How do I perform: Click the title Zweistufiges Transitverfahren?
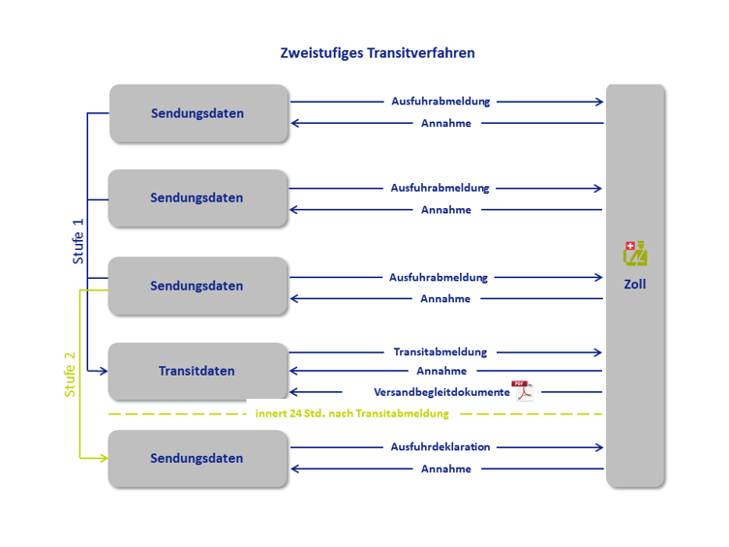coord(377,53)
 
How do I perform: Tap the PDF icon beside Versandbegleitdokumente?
coord(522,391)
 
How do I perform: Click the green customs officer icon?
coord(635,254)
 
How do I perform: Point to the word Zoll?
coord(635,284)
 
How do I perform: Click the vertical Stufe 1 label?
coord(77,241)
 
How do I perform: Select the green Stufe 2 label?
coord(70,375)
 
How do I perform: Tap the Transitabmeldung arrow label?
coord(440,351)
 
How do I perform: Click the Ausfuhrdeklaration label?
coord(440,446)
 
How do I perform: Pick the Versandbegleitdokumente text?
coord(441,392)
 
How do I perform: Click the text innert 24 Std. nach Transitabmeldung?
coord(352,413)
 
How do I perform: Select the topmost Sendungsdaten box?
coord(199,113)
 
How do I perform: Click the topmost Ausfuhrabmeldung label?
coord(440,102)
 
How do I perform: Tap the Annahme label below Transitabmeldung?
coord(441,371)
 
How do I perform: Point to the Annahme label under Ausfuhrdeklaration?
coord(446,469)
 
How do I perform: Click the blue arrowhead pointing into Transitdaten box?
coord(104,371)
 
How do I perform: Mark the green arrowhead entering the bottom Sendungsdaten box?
coord(104,458)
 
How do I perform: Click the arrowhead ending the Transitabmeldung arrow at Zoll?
coord(598,352)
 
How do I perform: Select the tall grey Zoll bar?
coord(635,286)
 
